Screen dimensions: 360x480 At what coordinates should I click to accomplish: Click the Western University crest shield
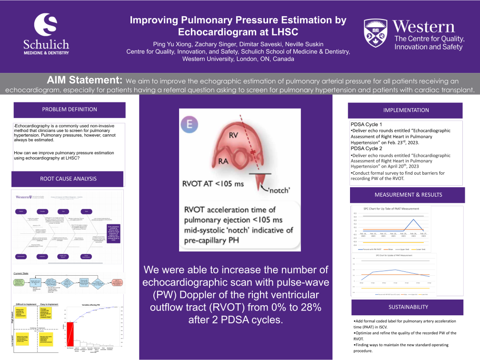click(375, 33)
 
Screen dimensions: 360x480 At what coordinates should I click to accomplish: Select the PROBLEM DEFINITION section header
click(70, 110)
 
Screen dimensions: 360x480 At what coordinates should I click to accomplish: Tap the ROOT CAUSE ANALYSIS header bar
click(69, 179)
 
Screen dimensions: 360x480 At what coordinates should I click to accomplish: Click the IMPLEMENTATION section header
click(406, 110)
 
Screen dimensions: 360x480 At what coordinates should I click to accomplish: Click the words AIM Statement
click(84, 79)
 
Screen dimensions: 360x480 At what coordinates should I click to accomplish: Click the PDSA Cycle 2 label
click(367, 148)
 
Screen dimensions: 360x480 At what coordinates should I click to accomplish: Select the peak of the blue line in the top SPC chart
click(414, 219)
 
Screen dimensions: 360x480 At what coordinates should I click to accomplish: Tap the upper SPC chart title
click(391, 209)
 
